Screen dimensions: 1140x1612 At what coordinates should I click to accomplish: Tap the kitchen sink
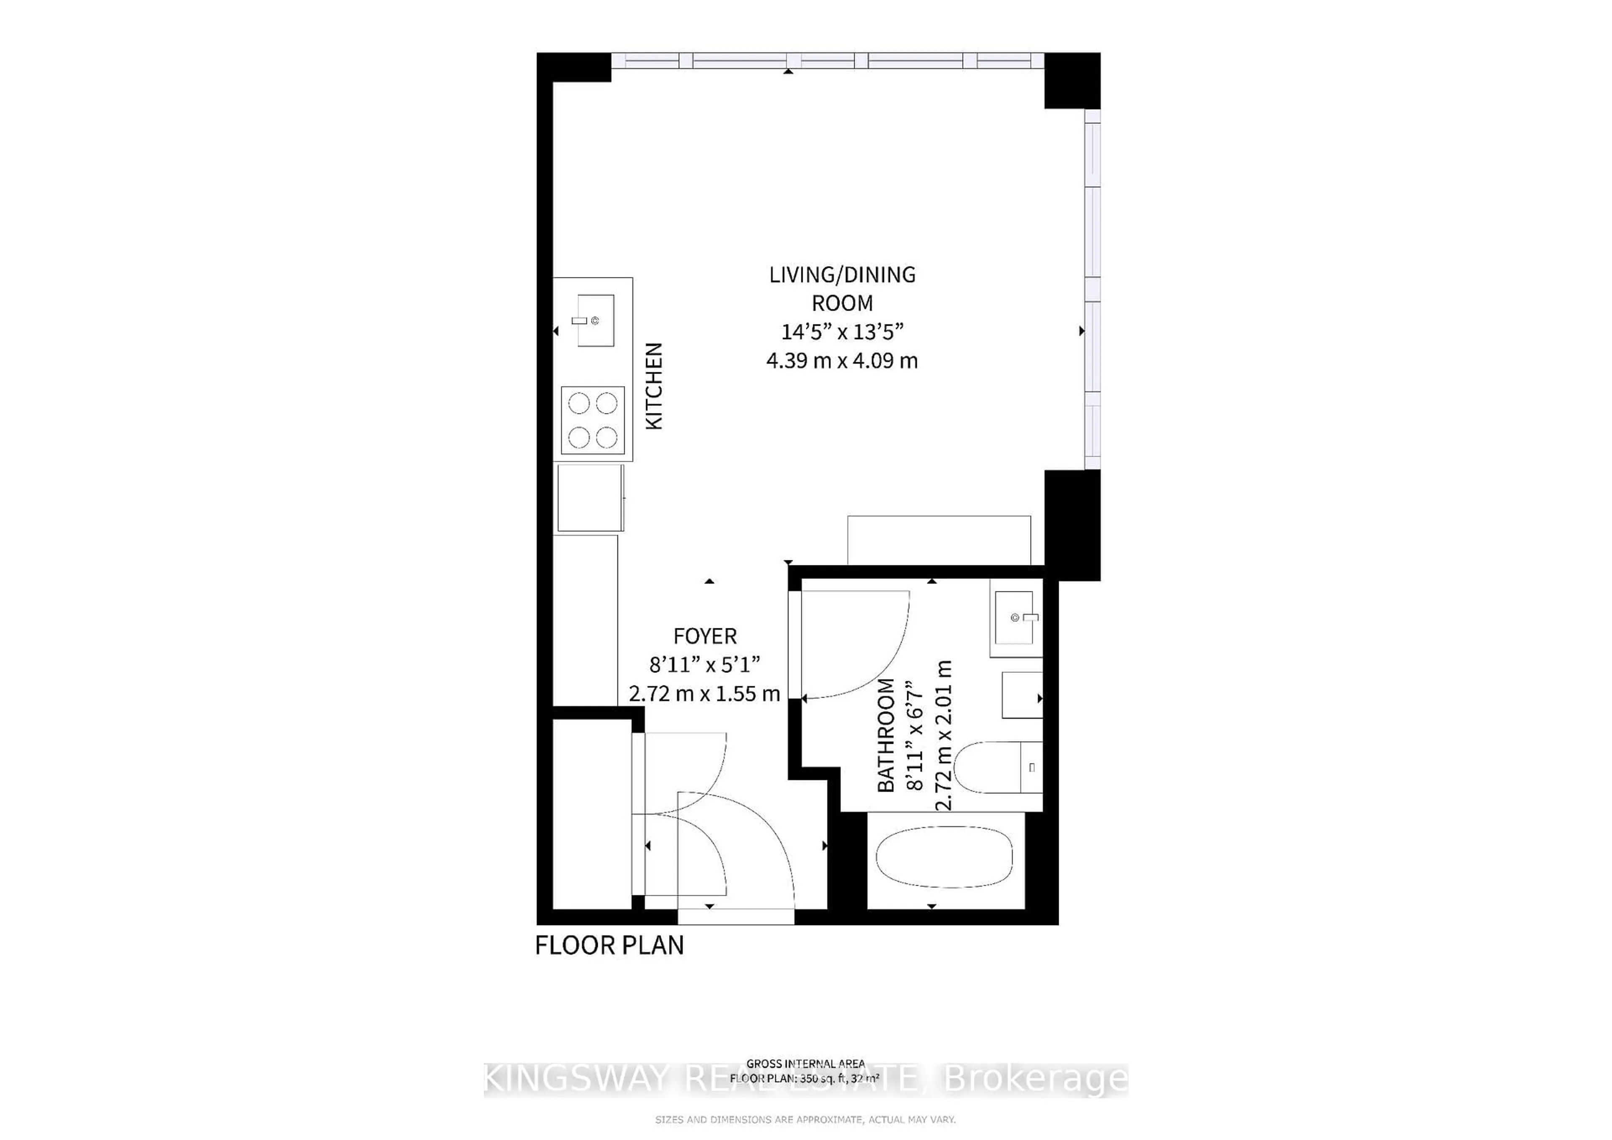click(x=595, y=320)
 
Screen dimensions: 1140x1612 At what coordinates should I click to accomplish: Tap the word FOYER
click(x=705, y=636)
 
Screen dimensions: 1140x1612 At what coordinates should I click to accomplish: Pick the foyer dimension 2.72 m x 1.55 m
click(x=704, y=693)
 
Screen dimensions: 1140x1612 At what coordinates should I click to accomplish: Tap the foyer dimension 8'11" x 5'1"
click(x=704, y=664)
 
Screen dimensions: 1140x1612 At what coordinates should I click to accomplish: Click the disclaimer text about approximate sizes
click(x=805, y=1120)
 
